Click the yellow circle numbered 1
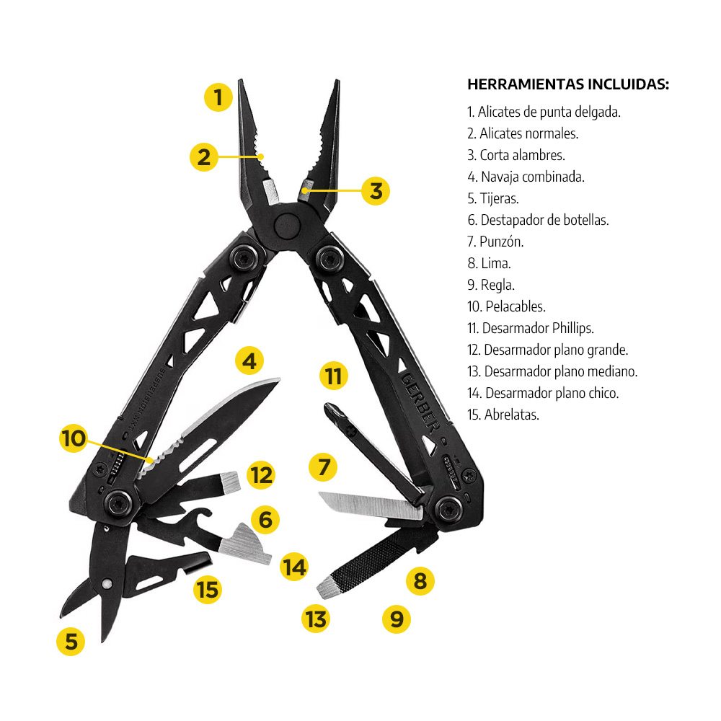(x=218, y=96)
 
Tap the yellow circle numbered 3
(x=376, y=191)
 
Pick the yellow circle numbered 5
(x=71, y=641)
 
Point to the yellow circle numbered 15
(x=207, y=590)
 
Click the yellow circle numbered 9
(x=396, y=618)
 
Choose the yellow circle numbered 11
(x=332, y=376)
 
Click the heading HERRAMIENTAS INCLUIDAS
(x=568, y=84)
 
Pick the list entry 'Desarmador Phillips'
(x=531, y=328)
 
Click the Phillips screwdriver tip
(x=333, y=411)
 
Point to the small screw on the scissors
(x=107, y=583)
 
